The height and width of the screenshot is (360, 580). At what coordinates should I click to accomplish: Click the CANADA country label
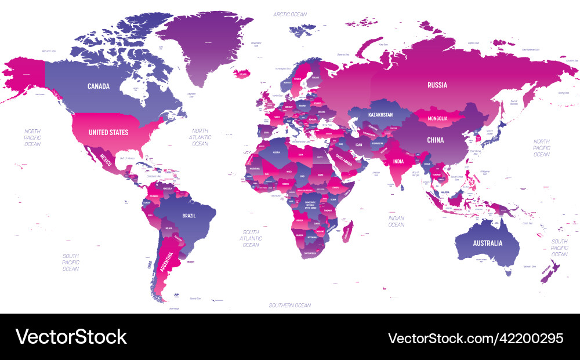(99, 86)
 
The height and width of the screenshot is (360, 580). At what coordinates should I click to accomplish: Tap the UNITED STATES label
(108, 132)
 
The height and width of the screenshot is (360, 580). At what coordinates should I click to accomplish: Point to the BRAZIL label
(189, 215)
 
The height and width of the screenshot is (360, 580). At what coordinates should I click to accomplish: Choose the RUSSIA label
(437, 85)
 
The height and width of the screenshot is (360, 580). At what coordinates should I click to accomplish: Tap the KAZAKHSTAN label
(380, 115)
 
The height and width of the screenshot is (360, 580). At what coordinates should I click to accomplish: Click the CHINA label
(435, 140)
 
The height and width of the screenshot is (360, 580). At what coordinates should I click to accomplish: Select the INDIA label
(398, 162)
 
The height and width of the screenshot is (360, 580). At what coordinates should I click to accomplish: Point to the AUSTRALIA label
(487, 243)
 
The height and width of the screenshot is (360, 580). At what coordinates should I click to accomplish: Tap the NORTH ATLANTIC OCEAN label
(200, 137)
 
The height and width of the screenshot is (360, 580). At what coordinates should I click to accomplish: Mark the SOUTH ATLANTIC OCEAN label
(251, 238)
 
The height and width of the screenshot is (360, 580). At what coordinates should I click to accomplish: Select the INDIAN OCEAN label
(396, 221)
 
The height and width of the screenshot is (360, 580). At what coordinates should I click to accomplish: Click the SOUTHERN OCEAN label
(290, 305)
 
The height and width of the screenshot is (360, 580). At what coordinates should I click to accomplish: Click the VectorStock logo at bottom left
(71, 337)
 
